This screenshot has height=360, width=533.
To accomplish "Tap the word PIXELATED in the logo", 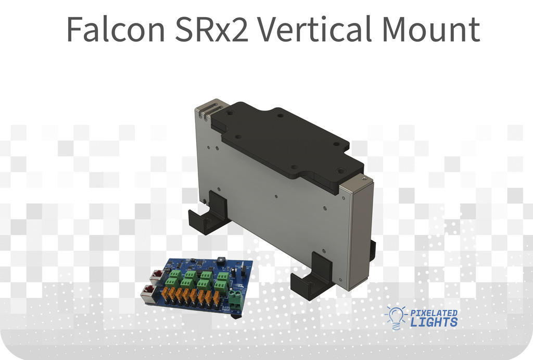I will coord(434,313).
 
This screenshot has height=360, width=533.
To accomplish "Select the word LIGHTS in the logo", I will coord(434,322).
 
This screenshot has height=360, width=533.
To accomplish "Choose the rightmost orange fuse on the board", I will coord(216,298).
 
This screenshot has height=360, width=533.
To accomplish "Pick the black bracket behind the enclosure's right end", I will coord(373,251).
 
